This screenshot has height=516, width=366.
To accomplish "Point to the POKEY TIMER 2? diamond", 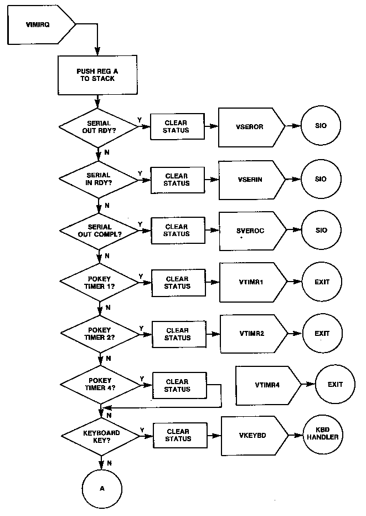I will click(x=100, y=334).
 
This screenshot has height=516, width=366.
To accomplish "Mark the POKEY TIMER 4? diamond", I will click(x=100, y=385).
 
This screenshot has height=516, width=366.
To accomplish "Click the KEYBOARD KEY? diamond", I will click(x=100, y=435).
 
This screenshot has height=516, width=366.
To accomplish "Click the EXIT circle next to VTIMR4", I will click(x=335, y=384).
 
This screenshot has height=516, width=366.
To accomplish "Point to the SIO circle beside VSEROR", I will click(x=321, y=126).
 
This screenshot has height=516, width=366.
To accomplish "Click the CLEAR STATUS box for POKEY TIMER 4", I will click(x=177, y=385).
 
